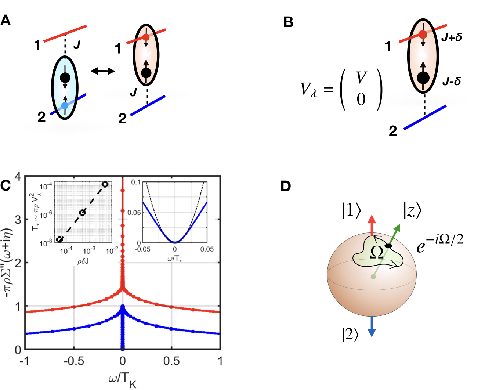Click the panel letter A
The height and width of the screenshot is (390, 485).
pos(6,20)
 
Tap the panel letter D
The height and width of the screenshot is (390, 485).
pos(286,186)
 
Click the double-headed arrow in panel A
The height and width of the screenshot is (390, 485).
pos(103,71)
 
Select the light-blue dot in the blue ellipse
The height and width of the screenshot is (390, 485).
pos(65,106)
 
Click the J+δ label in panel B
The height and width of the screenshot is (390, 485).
pos(452,37)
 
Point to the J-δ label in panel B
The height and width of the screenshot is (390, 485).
pos(452,81)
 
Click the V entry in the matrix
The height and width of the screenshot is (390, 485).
pos(361,77)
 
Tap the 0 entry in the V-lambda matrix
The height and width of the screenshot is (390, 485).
pos(361,99)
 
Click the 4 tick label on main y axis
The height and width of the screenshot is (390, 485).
pos(18,177)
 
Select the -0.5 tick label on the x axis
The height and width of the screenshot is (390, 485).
pos(73,361)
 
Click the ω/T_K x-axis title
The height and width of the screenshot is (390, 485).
pos(123,379)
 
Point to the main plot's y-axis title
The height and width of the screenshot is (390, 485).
pos(8,263)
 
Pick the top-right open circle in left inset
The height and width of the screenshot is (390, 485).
pos(105,184)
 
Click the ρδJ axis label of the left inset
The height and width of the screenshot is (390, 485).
pos(83,261)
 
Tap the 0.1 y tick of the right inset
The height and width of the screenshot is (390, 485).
pos(136,183)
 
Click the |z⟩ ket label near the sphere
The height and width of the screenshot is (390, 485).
pos(412,211)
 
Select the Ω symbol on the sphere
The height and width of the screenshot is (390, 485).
pos(377,252)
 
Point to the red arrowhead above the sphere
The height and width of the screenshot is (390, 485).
pos(372,220)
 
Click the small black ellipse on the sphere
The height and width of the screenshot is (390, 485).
pos(388,245)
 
